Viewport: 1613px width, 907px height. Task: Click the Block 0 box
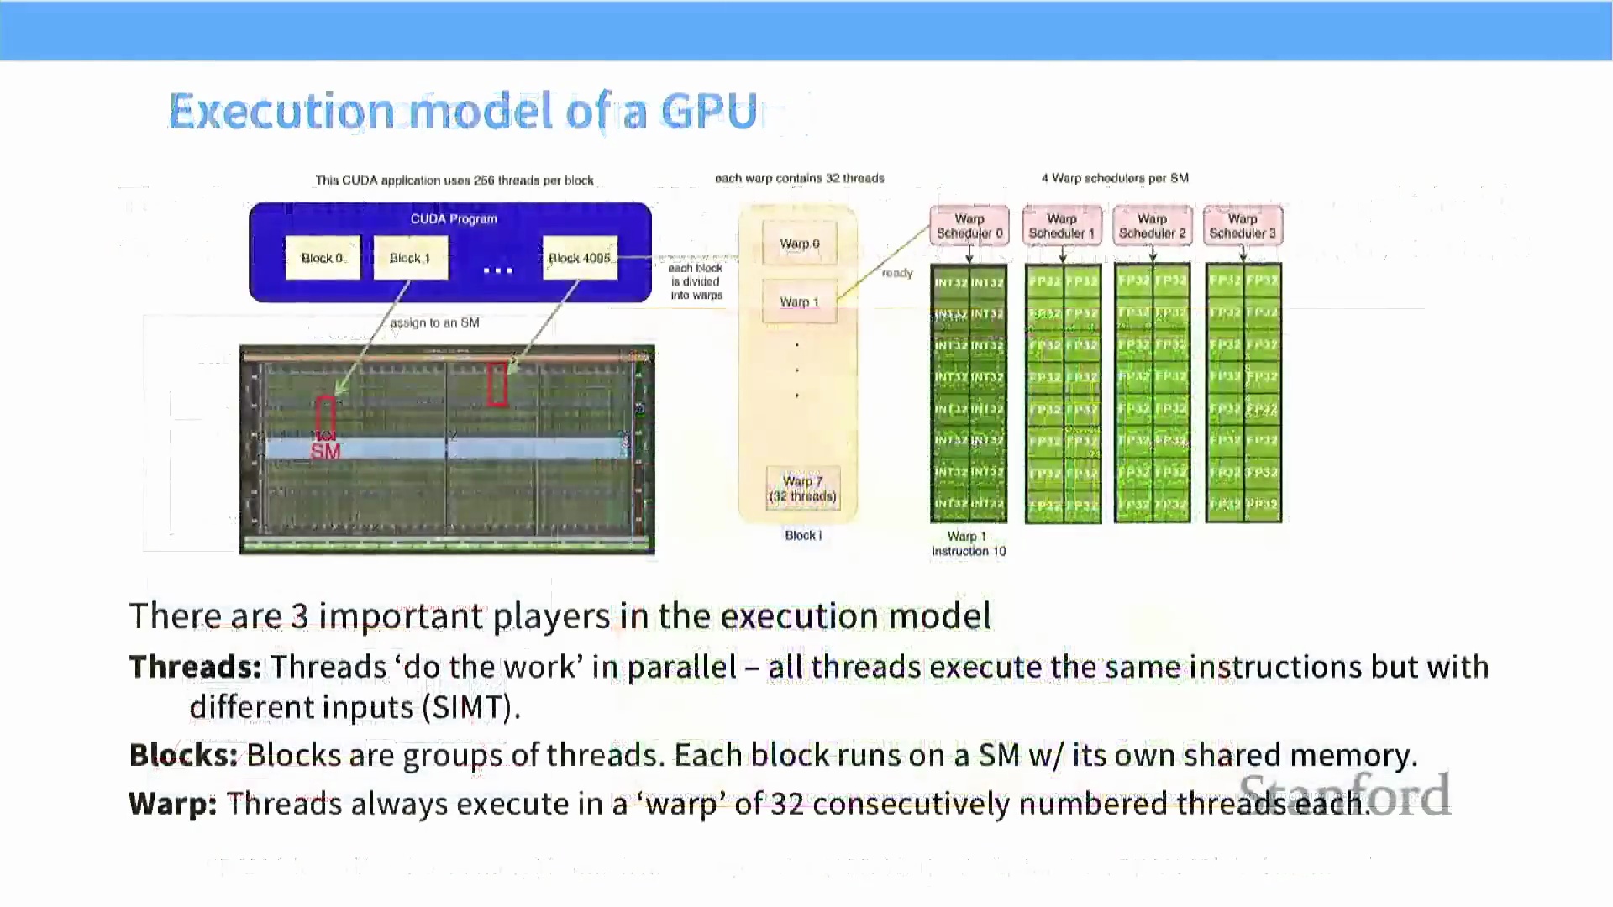pyautogui.click(x=323, y=258)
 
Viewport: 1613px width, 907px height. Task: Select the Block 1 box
pyautogui.click(x=410, y=258)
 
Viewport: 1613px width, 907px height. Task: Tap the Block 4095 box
pyautogui.click(x=580, y=258)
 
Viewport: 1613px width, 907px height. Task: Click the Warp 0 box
pyautogui.click(x=799, y=244)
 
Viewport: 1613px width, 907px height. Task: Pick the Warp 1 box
pyautogui.click(x=799, y=301)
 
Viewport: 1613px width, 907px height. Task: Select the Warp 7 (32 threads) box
pyautogui.click(x=802, y=488)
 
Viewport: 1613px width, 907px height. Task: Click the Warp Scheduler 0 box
pyautogui.click(x=969, y=226)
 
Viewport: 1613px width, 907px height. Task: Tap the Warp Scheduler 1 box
pyautogui.click(x=1062, y=226)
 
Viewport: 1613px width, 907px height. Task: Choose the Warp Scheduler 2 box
pyautogui.click(x=1152, y=226)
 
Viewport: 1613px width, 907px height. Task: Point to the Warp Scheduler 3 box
pyautogui.click(x=1243, y=226)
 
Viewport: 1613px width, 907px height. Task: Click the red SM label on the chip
pyautogui.click(x=326, y=451)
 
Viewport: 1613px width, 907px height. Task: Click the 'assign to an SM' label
pyautogui.click(x=434, y=322)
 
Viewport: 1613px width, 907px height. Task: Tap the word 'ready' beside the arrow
pyautogui.click(x=897, y=273)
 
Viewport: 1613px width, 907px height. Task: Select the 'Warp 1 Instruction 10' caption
pyautogui.click(x=969, y=543)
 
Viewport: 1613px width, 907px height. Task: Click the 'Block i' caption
pyautogui.click(x=803, y=536)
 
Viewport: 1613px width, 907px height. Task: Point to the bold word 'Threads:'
pyautogui.click(x=195, y=667)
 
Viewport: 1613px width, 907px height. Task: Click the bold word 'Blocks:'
pyautogui.click(x=183, y=755)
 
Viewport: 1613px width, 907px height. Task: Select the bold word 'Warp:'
pyautogui.click(x=173, y=804)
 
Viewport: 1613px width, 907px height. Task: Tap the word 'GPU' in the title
pyautogui.click(x=710, y=112)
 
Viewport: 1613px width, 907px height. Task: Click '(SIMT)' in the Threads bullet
pyautogui.click(x=470, y=707)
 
